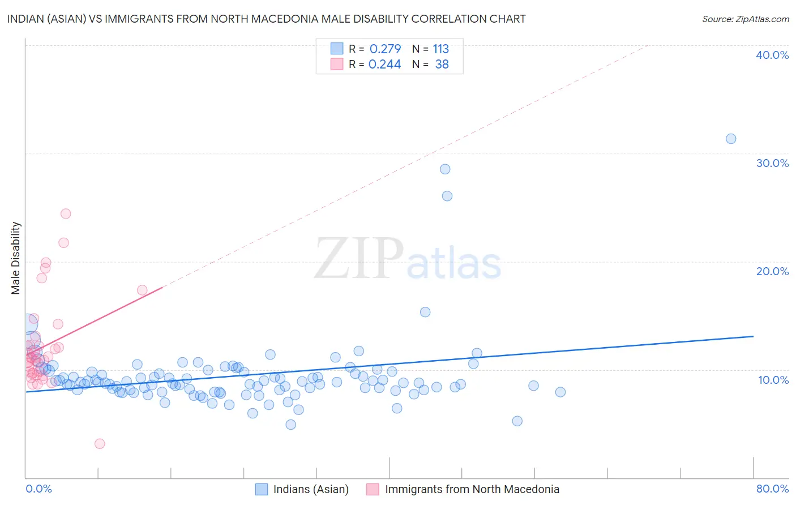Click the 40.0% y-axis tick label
point(772,55)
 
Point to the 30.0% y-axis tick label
point(772,163)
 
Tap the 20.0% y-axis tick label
point(772,271)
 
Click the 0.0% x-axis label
point(38,489)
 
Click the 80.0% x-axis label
point(772,489)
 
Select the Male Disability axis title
point(16,258)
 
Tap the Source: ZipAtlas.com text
point(745,19)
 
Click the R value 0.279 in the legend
point(385,49)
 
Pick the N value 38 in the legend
point(442,65)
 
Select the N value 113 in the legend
point(440,49)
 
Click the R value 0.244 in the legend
point(384,65)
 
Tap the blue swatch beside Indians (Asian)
point(261,489)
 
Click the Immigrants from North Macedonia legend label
point(472,489)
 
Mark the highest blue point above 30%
point(731,139)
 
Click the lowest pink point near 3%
point(100,443)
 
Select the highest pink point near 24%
point(66,213)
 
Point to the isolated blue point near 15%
point(425,312)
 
